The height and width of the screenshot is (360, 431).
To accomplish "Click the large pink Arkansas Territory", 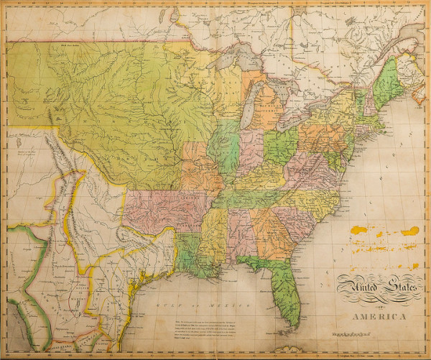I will click(x=162, y=209).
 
